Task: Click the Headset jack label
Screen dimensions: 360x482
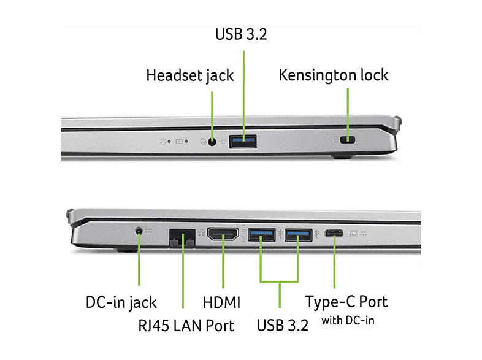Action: tap(189, 75)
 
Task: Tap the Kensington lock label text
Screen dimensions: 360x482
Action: tap(333, 75)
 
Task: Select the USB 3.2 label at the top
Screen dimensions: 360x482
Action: tap(241, 34)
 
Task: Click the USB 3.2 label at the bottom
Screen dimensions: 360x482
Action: tap(279, 325)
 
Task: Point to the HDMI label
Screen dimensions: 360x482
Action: tap(221, 302)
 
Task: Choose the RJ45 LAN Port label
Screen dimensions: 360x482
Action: tap(186, 325)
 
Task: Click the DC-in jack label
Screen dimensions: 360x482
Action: tap(121, 302)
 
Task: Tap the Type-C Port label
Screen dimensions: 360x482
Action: tap(346, 302)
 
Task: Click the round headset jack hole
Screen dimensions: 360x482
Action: tap(213, 141)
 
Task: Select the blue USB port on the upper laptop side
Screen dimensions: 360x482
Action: tap(243, 141)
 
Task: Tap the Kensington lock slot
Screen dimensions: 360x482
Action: tap(350, 140)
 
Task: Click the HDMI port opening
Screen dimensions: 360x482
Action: tap(223, 234)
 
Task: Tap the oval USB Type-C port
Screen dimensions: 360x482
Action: tap(335, 233)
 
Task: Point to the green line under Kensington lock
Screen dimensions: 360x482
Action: tap(348, 110)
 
